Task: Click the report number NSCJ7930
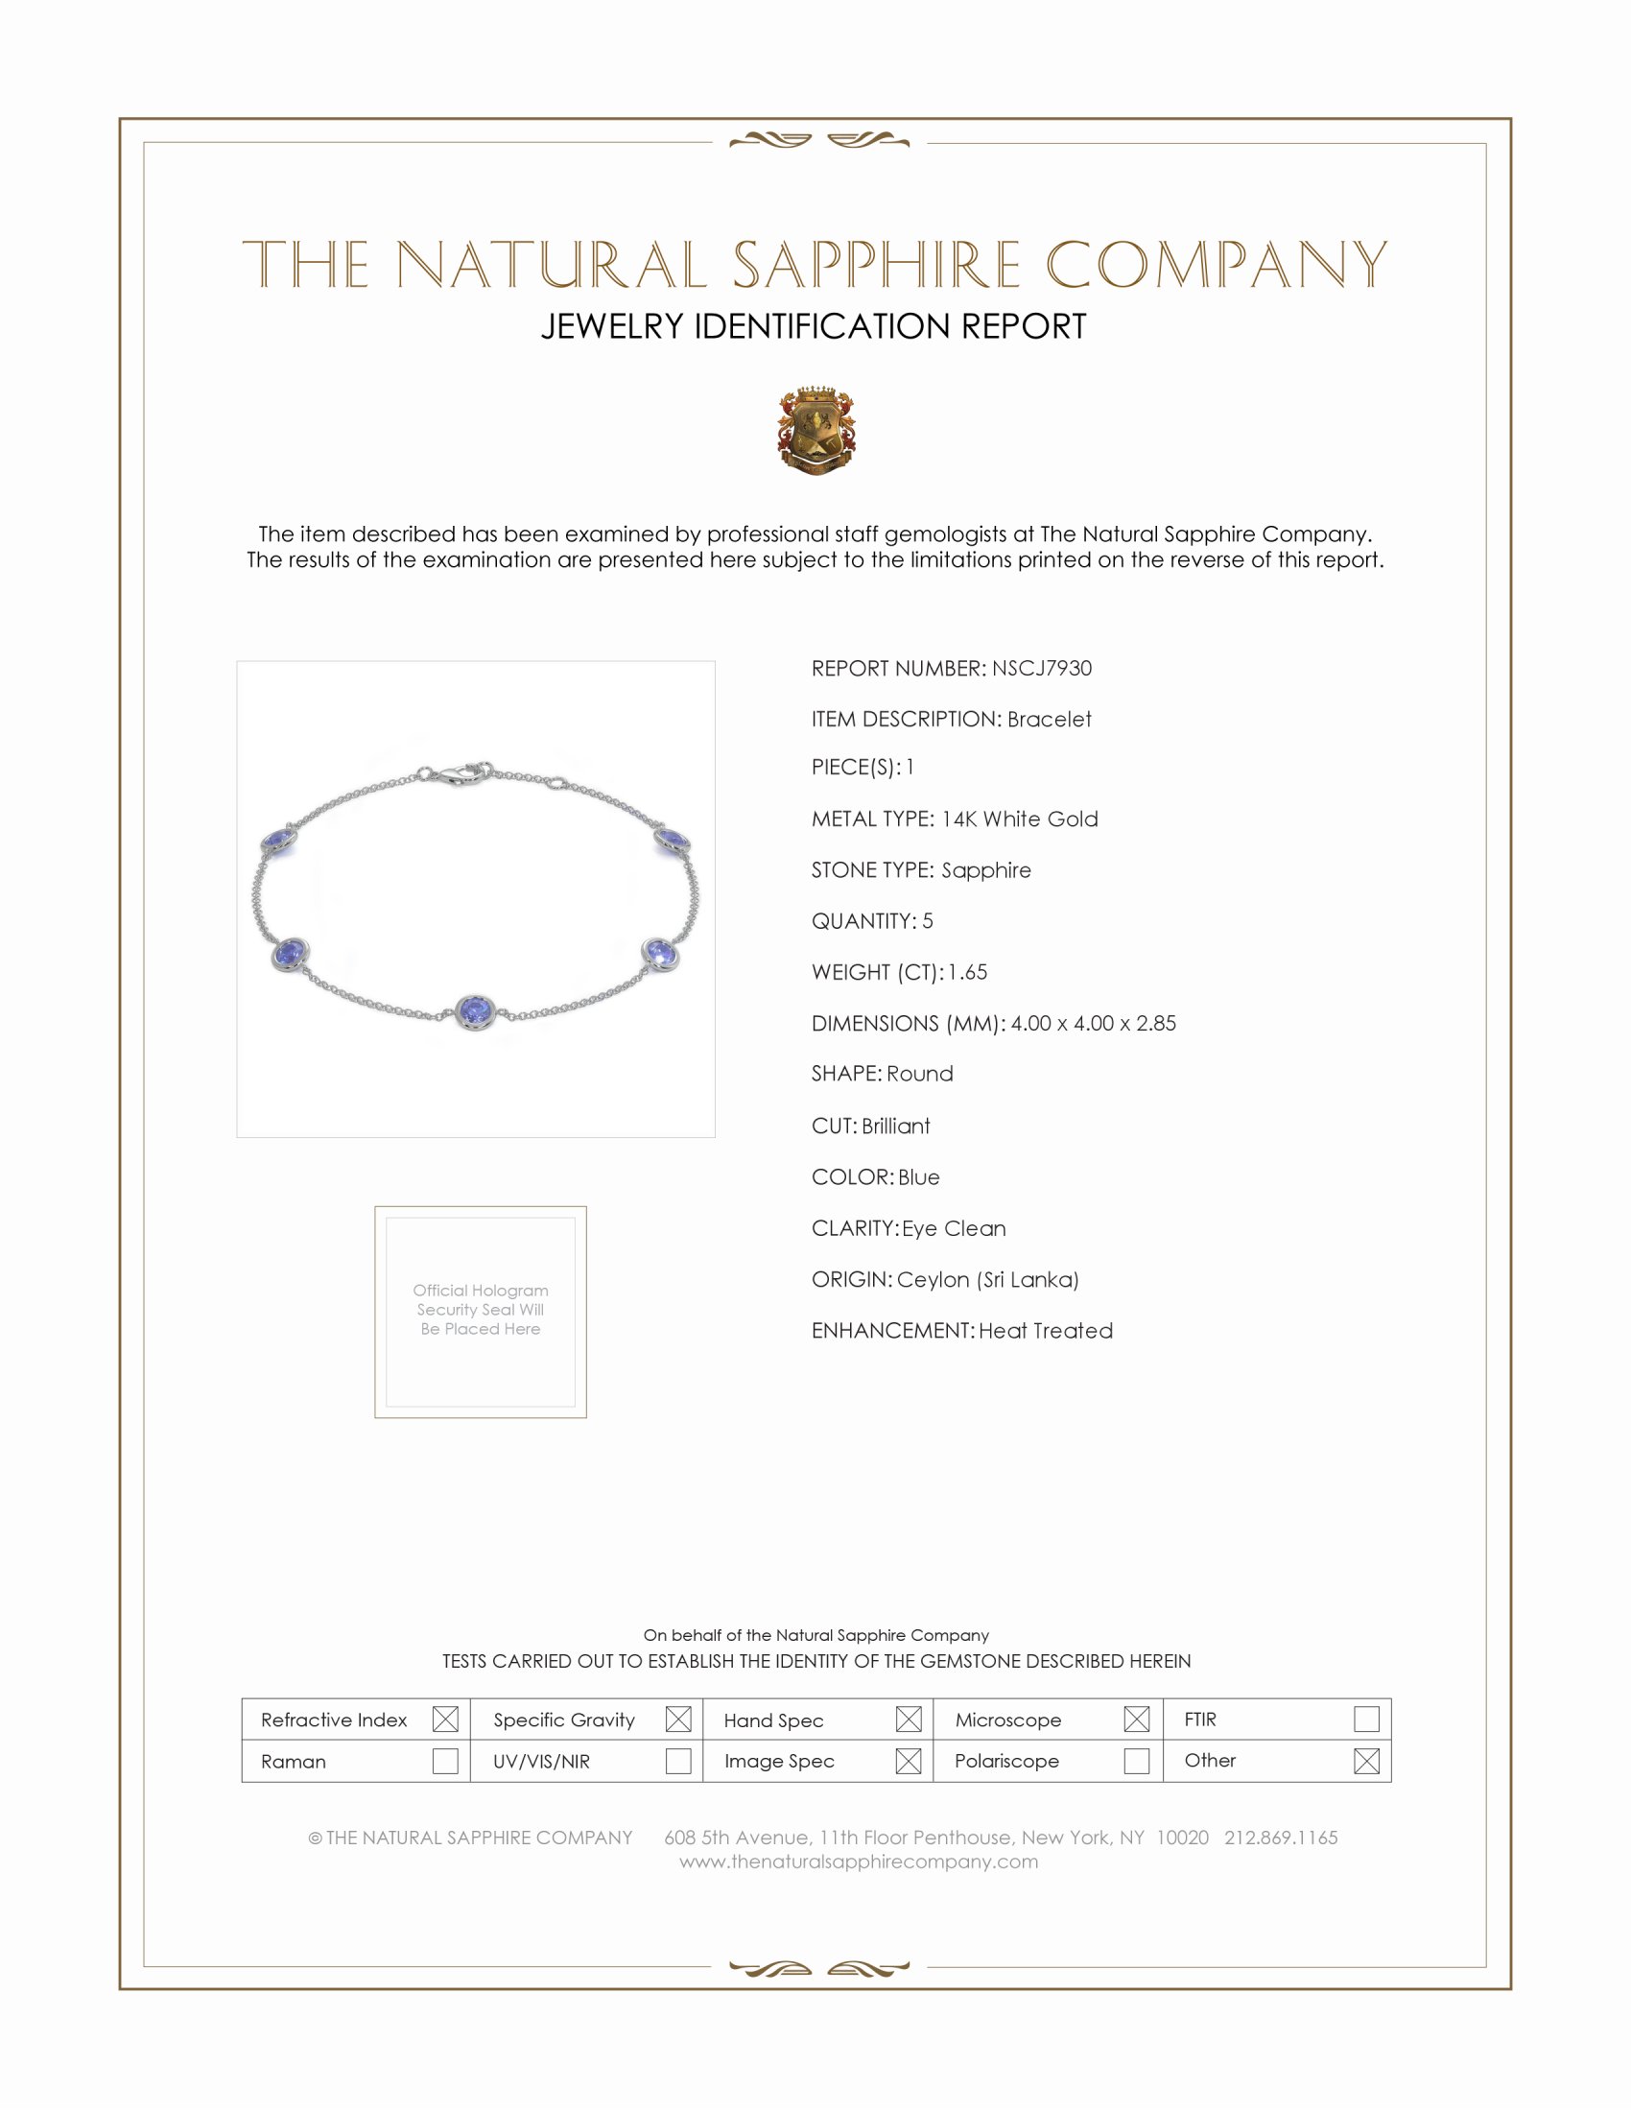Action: (1041, 668)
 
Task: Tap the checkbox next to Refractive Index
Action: (445, 1719)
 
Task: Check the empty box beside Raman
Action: (445, 1760)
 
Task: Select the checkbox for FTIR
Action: (1366, 1719)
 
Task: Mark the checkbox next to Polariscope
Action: (1136, 1760)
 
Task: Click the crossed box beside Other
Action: (1366, 1760)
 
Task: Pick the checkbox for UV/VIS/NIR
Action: (678, 1760)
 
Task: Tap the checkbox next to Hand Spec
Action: (909, 1719)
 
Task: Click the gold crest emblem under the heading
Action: (816, 430)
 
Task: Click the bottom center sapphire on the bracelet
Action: (475, 1011)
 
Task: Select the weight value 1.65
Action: (967, 972)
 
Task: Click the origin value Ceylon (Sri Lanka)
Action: (987, 1280)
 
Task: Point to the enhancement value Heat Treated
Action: (1046, 1331)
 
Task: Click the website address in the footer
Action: (858, 1862)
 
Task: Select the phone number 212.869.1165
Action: (1280, 1838)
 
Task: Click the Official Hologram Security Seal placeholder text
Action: (481, 1310)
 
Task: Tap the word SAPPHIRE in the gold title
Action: (875, 265)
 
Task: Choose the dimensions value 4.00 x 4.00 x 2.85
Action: (1093, 1024)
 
